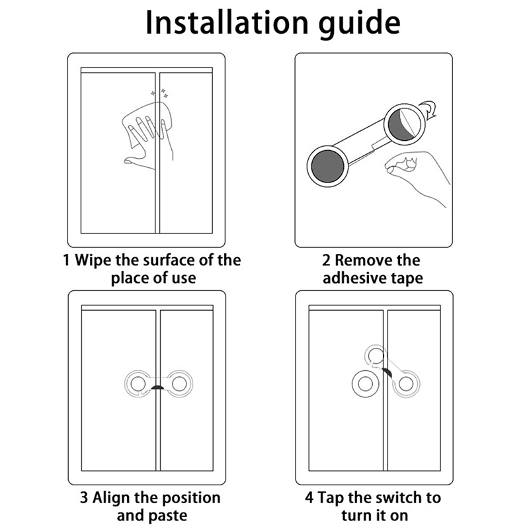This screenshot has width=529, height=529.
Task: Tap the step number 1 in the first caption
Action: pyautogui.click(x=67, y=261)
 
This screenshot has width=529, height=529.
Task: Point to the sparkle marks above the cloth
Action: pyautogui.click(x=159, y=93)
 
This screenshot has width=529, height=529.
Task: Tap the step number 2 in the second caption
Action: pyautogui.click(x=326, y=261)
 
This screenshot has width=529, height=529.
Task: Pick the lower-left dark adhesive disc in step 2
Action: pyautogui.click(x=327, y=167)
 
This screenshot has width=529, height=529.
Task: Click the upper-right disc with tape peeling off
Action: pyautogui.click(x=405, y=124)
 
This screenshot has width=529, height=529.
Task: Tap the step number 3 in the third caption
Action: pyautogui.click(x=84, y=498)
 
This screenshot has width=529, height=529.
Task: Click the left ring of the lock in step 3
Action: pyautogui.click(x=136, y=384)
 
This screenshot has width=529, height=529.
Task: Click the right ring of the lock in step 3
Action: pyautogui.click(x=179, y=384)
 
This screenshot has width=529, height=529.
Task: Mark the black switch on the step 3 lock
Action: pyautogui.click(x=157, y=387)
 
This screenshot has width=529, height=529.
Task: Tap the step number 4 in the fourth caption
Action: pyautogui.click(x=309, y=498)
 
